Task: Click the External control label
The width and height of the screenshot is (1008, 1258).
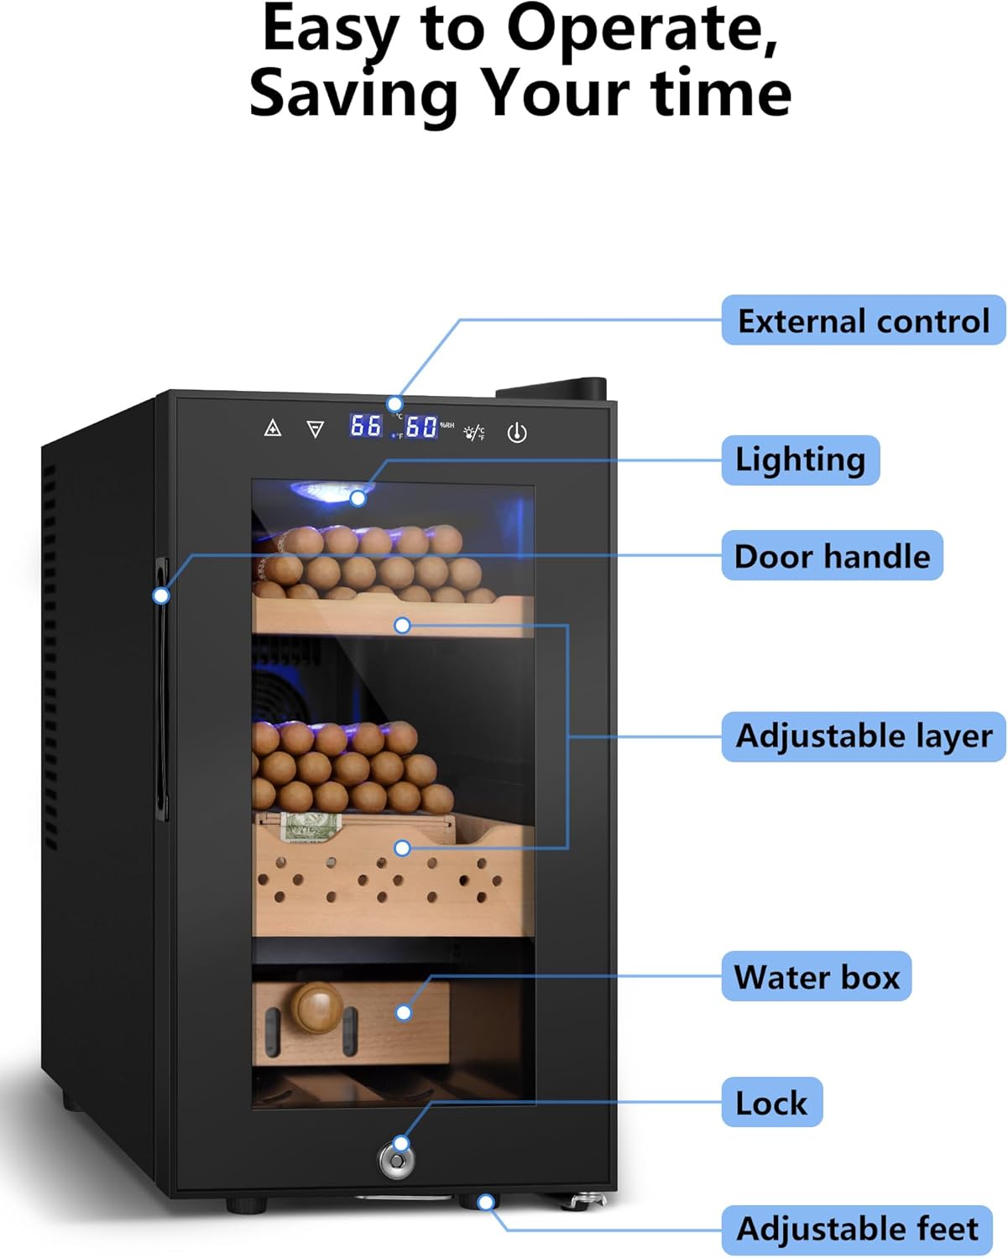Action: (863, 320)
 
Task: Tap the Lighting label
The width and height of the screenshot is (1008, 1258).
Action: (800, 460)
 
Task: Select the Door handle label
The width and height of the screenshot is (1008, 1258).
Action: (832, 556)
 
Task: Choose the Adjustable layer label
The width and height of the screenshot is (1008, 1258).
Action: (864, 736)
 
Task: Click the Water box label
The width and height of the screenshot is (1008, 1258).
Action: (816, 977)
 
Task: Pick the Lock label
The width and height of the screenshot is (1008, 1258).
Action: (771, 1103)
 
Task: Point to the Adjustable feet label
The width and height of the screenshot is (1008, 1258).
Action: (857, 1229)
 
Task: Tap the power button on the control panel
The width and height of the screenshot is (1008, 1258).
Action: (517, 433)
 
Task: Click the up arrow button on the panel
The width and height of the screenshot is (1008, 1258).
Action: (273, 429)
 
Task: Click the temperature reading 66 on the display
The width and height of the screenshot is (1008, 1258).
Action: (366, 426)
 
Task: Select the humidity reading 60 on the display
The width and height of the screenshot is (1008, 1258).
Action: (421, 427)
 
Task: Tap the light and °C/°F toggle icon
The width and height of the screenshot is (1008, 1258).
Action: (474, 433)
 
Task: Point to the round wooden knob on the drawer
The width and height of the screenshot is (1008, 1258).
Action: (317, 1008)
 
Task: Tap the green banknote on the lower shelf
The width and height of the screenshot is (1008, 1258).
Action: (311, 827)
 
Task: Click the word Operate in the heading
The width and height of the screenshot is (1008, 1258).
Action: (641, 30)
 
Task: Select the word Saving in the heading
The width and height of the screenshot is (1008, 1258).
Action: (352, 94)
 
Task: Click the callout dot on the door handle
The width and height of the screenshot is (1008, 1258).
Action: (161, 595)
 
